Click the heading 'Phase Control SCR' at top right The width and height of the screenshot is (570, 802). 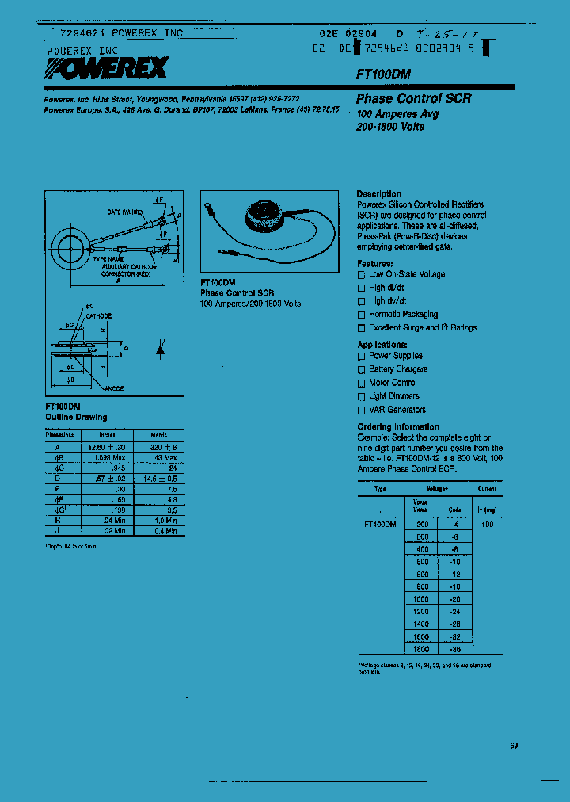pos(413,99)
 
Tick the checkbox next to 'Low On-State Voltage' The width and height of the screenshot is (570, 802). pos(362,275)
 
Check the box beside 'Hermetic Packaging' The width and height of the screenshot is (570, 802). pos(362,315)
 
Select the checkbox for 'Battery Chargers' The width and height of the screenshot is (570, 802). pos(362,370)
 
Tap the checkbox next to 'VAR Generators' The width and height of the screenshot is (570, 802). pos(362,411)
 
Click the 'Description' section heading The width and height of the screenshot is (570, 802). pos(378,194)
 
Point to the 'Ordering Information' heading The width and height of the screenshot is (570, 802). pos(397,427)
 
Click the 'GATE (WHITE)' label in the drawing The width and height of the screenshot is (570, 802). pos(125,213)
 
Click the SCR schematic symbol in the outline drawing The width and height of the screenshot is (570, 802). pos(160,349)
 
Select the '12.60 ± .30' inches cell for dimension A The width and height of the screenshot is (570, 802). pos(107,447)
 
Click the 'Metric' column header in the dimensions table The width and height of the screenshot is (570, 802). pos(158,435)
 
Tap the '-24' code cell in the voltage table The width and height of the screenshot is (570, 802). pos(454,613)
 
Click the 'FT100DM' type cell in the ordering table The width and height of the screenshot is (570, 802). pos(380,525)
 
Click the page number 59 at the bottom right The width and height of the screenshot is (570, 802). pos(514,746)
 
